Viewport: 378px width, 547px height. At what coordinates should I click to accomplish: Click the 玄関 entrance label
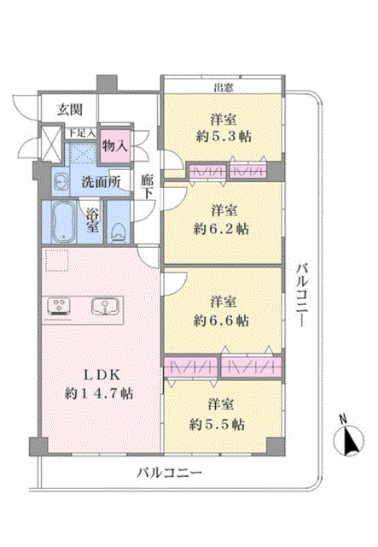(70, 110)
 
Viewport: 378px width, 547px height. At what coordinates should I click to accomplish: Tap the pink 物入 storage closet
(115, 146)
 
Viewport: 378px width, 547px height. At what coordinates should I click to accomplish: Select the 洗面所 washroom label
(101, 182)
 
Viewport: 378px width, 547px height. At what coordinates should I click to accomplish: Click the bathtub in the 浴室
(63, 221)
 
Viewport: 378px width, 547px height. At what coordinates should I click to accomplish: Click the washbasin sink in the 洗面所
(61, 182)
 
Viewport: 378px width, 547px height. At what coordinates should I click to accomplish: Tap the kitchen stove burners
(59, 306)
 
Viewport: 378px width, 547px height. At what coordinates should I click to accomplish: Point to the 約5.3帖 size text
(224, 136)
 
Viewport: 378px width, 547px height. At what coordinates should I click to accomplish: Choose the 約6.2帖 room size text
(222, 228)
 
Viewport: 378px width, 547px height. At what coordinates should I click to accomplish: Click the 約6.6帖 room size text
(222, 320)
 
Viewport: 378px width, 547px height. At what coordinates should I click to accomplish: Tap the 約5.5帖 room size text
(218, 424)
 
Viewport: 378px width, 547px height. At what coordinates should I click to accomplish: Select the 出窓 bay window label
(224, 87)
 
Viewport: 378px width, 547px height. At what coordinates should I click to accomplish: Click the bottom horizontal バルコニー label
(169, 473)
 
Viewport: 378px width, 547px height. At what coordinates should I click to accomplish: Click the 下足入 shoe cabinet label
(81, 133)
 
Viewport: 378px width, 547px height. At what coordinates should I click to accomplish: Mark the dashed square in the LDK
(57, 260)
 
